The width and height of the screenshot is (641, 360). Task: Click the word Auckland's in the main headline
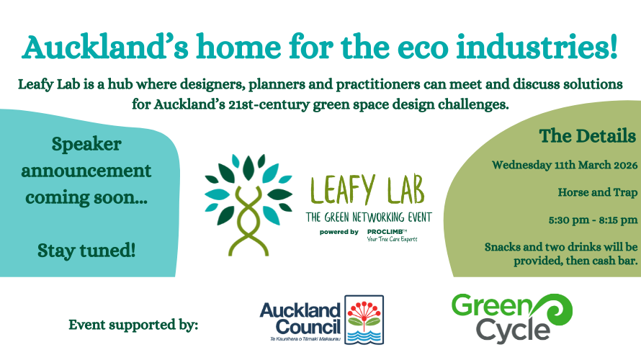pyautogui.click(x=105, y=47)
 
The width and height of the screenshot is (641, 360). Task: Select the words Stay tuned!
pyautogui.click(x=86, y=251)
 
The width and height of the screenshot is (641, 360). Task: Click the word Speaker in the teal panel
pyautogui.click(x=86, y=145)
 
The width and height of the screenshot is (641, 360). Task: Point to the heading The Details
pyautogui.click(x=588, y=135)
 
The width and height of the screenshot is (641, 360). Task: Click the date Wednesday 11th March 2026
pyautogui.click(x=565, y=165)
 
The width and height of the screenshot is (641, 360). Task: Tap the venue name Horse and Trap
pyautogui.click(x=598, y=192)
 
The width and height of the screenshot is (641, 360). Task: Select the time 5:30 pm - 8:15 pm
pyautogui.click(x=593, y=220)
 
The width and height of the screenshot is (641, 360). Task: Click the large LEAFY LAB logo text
pyautogui.click(x=367, y=190)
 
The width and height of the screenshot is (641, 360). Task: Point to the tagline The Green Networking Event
pyautogui.click(x=369, y=217)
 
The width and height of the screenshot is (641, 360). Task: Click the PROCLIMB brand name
pyautogui.click(x=385, y=232)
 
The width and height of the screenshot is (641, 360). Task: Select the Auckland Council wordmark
pyautogui.click(x=300, y=319)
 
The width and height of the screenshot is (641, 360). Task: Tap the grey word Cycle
pyautogui.click(x=513, y=331)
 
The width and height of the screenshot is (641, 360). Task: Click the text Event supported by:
pyautogui.click(x=133, y=325)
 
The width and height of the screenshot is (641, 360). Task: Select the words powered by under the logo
pyautogui.click(x=339, y=232)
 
